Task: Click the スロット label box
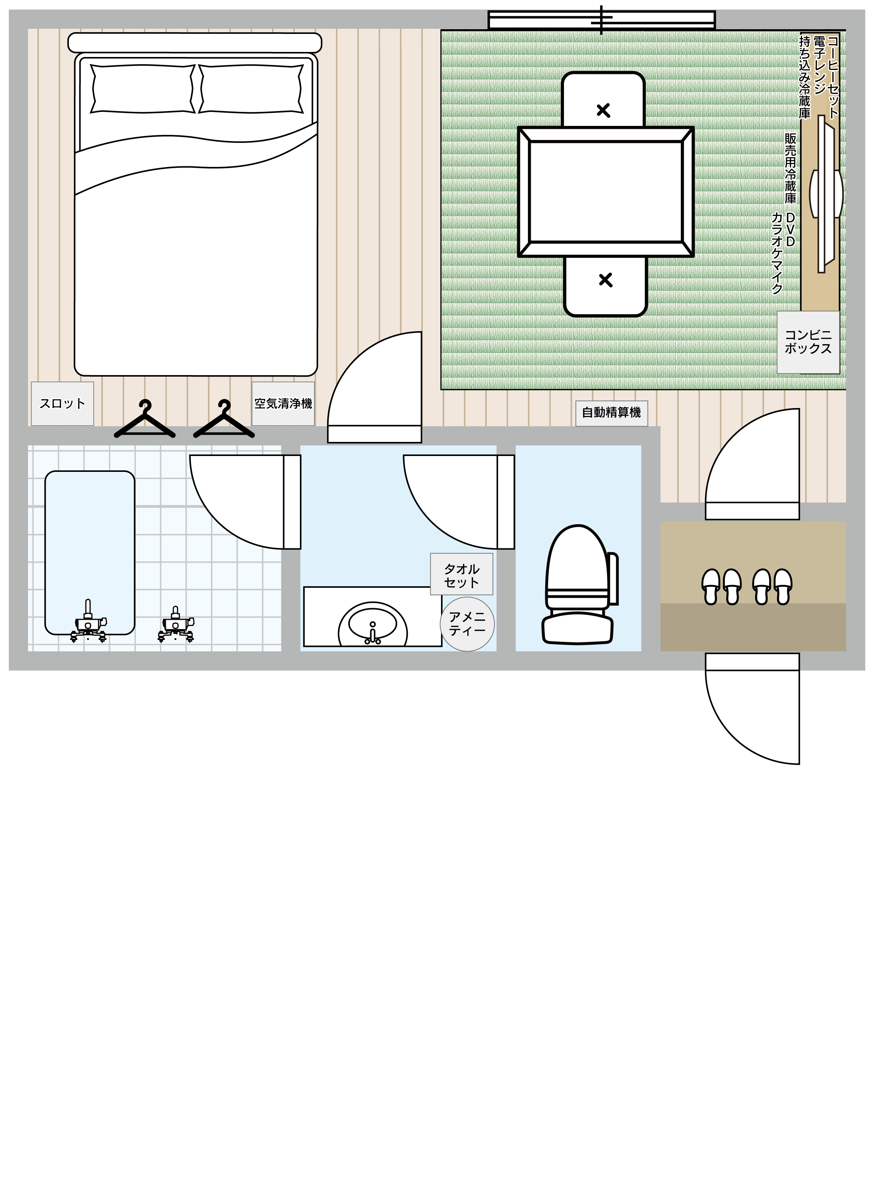pos(62,404)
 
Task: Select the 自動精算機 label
pos(612,413)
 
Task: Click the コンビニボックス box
pos(808,342)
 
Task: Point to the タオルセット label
pos(461,575)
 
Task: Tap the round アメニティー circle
pos(467,624)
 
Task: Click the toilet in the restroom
pos(580,584)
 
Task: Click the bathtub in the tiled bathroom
pos(90,552)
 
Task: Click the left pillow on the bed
pos(143,89)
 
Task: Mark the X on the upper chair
pos(603,110)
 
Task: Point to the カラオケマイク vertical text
pos(777,253)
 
